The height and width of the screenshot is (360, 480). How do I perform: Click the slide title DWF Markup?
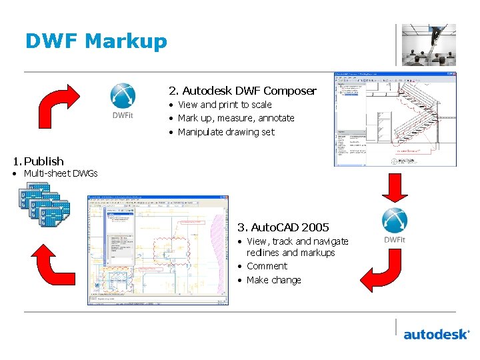tap(96, 41)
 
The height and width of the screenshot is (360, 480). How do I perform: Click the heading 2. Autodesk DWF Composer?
tap(243, 91)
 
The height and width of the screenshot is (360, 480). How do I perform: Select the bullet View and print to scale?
tap(225, 105)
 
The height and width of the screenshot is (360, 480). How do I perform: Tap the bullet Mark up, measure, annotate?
tap(236, 118)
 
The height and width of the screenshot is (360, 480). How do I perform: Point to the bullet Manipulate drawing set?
tap(226, 132)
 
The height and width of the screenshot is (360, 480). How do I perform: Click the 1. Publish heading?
tap(39, 161)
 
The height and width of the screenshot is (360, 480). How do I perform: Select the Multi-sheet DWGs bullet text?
tap(61, 174)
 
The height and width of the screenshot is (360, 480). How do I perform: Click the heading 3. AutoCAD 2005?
tap(283, 227)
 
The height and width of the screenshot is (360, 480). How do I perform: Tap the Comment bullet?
tap(267, 266)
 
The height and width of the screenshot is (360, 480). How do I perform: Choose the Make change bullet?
tap(273, 280)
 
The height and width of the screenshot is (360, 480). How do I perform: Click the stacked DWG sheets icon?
tap(44, 205)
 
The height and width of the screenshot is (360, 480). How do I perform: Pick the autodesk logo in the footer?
tap(436, 333)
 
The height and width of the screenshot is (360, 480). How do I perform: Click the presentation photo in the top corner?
tap(429, 45)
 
